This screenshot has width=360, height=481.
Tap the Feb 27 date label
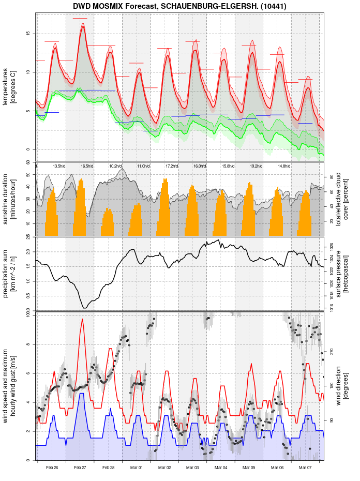tap(80, 468)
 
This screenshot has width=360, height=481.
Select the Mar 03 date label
tap(192, 468)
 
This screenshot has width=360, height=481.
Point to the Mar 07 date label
tap(305, 468)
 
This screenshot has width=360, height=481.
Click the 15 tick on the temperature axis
tap(29, 34)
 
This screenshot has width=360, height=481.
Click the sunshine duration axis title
tap(9, 199)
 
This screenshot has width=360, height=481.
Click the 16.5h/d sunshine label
tap(87, 166)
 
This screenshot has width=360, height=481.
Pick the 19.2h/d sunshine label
tap(256, 166)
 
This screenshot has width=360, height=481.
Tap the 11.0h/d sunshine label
tap(143, 166)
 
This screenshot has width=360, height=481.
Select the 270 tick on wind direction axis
tap(331, 351)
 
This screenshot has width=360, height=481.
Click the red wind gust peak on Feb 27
tap(82, 319)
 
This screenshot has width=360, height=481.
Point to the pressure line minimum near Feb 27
tap(85, 308)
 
